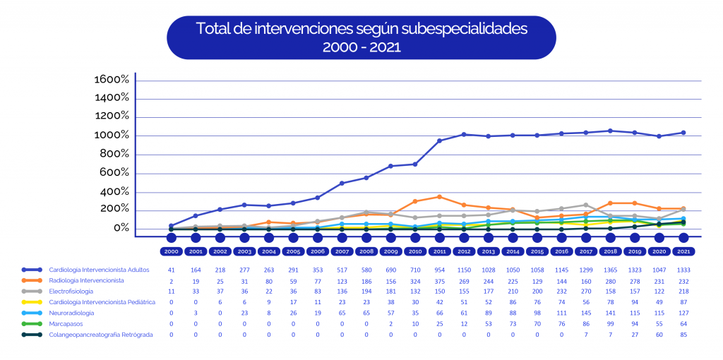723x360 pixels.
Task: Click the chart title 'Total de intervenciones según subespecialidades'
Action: point(361,30)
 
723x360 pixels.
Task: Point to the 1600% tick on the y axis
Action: point(112,80)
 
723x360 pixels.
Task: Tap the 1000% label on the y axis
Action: point(112,136)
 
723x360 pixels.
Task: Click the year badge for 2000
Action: point(171,251)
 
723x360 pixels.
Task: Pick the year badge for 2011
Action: point(439,251)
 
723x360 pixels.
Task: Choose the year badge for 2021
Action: point(683,251)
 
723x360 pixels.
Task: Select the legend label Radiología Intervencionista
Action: point(86,280)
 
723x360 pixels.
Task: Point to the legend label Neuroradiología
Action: point(72,313)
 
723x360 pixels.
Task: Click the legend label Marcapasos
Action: point(65,323)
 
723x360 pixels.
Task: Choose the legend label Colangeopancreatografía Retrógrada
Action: point(100,335)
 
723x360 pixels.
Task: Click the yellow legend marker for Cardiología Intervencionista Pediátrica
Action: point(32,302)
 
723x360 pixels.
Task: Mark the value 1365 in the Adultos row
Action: point(610,270)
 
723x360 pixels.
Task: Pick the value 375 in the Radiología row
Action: point(439,280)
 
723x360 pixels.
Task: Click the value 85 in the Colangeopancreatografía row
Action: point(683,335)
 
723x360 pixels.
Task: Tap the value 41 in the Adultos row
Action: point(171,270)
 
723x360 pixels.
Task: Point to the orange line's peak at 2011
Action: point(439,197)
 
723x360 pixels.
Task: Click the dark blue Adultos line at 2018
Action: point(610,131)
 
